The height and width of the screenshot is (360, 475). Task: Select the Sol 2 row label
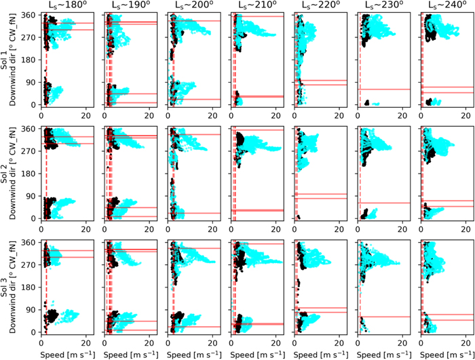(x=6, y=173)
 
